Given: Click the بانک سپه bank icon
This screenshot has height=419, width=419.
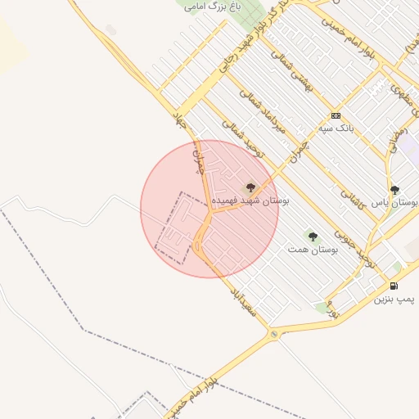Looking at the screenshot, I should [335, 115].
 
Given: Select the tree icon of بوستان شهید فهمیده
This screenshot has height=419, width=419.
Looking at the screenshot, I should [250, 187].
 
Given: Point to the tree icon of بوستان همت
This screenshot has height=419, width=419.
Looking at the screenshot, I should [312, 237].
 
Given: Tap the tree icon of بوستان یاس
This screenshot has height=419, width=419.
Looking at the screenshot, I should [394, 190].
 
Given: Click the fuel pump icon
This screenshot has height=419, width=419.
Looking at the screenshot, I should [394, 286].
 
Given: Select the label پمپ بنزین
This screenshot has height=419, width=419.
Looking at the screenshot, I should [395, 300].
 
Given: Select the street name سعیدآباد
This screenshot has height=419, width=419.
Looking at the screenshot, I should [244, 301].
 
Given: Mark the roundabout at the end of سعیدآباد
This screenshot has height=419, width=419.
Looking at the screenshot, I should [274, 334].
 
